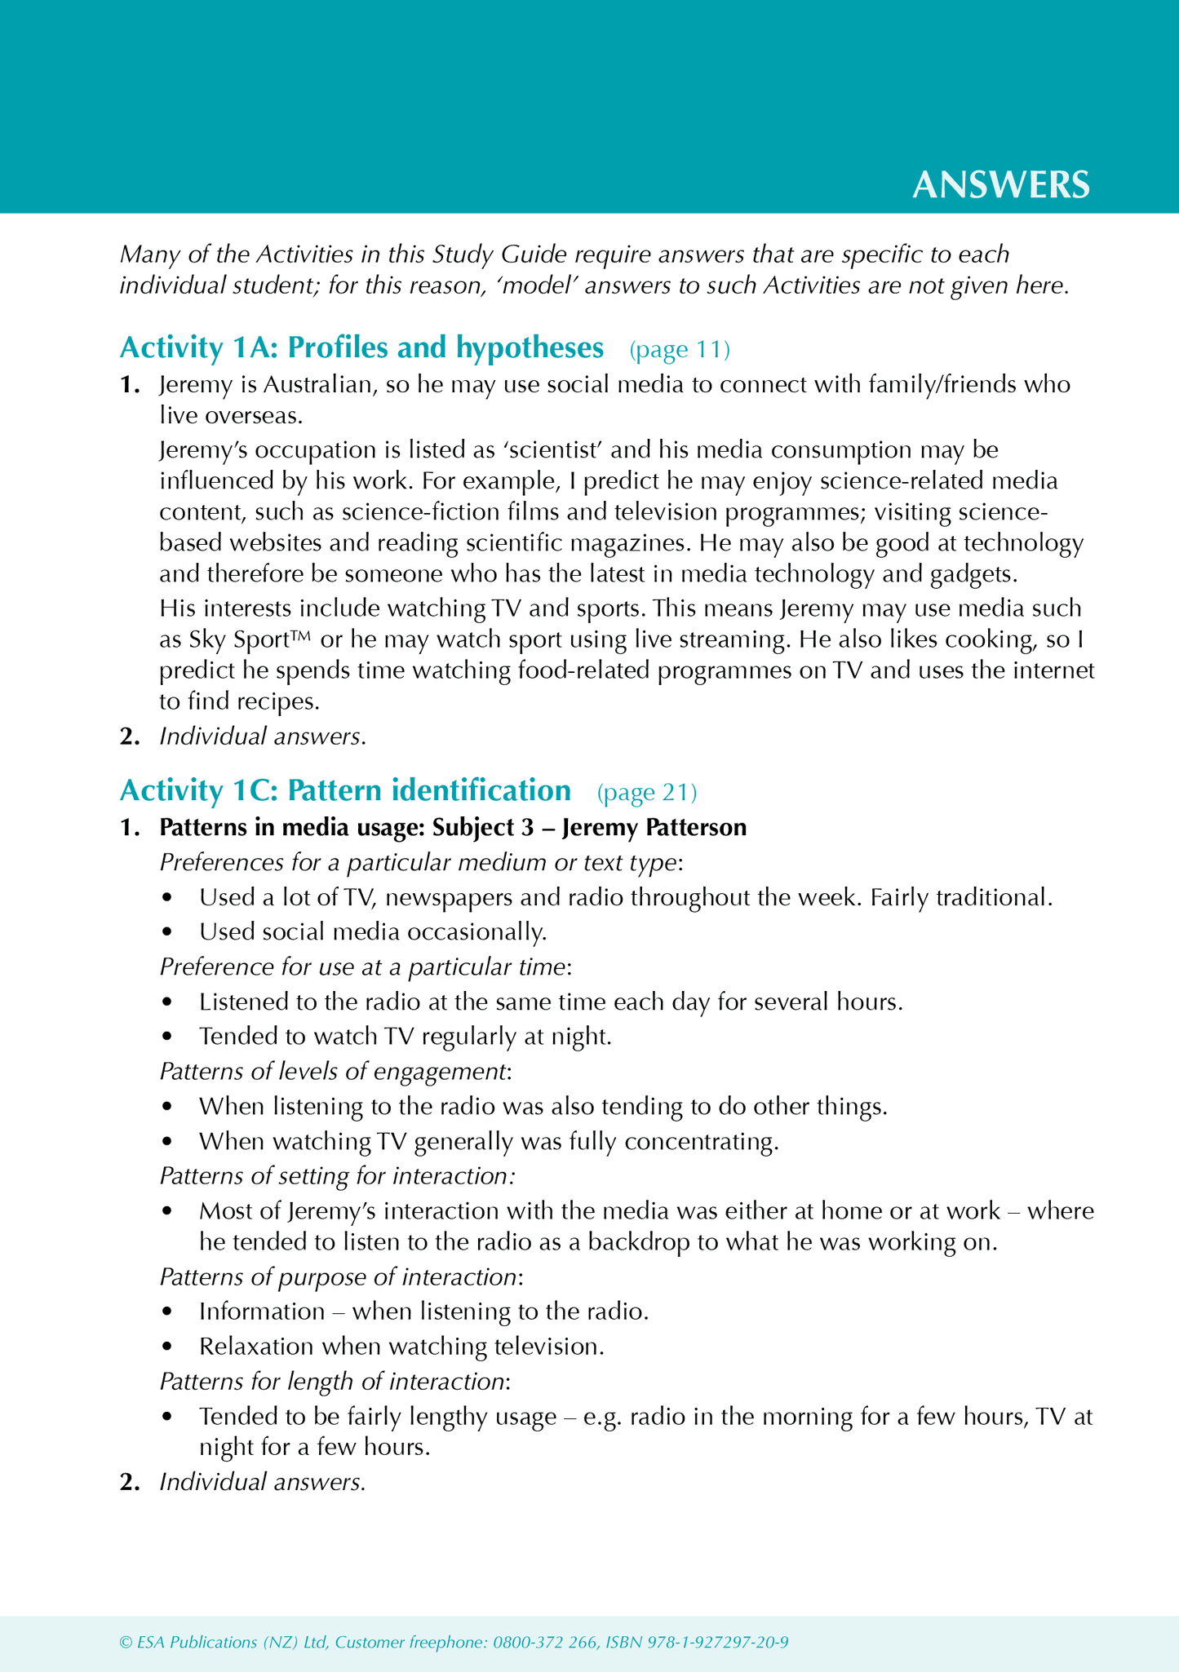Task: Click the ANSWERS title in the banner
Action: tap(1000, 185)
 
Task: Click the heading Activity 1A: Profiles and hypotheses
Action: tap(361, 348)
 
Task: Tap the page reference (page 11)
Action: tap(680, 350)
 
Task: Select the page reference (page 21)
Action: tap(647, 792)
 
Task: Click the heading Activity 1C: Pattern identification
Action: tap(345, 791)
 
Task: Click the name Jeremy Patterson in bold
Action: tap(654, 828)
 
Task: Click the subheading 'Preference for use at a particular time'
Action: tap(364, 966)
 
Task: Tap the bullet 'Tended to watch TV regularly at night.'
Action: tap(406, 1037)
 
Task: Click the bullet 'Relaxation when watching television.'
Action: tap(401, 1346)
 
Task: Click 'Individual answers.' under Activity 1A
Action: tap(262, 736)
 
